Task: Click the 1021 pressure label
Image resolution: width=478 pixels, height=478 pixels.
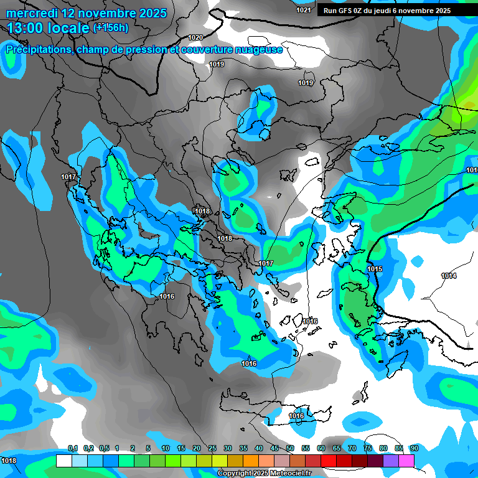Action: click(x=304, y=10)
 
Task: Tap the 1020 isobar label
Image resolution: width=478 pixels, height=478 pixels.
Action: click(x=195, y=37)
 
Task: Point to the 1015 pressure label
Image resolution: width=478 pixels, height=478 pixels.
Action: click(x=374, y=269)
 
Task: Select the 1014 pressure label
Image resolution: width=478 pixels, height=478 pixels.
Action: click(x=449, y=276)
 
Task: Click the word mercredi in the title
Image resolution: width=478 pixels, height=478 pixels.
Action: click(x=32, y=13)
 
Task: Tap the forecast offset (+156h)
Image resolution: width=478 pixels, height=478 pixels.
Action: click(x=111, y=27)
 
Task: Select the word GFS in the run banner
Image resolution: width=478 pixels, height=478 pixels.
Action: click(x=349, y=11)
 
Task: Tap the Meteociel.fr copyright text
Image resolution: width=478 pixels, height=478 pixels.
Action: click(x=264, y=474)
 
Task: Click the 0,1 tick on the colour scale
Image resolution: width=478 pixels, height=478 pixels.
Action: click(x=72, y=448)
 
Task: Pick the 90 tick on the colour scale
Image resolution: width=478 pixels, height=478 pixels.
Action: click(x=414, y=448)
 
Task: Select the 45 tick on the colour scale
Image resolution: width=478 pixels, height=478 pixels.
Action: click(x=274, y=448)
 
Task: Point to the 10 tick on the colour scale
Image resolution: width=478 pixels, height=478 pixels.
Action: click(x=166, y=448)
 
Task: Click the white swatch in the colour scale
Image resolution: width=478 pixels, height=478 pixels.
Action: click(x=64, y=461)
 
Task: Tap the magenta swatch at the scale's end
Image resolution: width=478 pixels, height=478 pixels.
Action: click(x=406, y=461)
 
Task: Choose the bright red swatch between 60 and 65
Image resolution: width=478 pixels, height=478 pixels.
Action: click(x=329, y=461)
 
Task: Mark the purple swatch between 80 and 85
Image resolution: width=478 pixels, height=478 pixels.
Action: click(x=391, y=461)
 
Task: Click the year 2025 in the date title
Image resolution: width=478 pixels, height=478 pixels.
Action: click(x=152, y=13)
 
